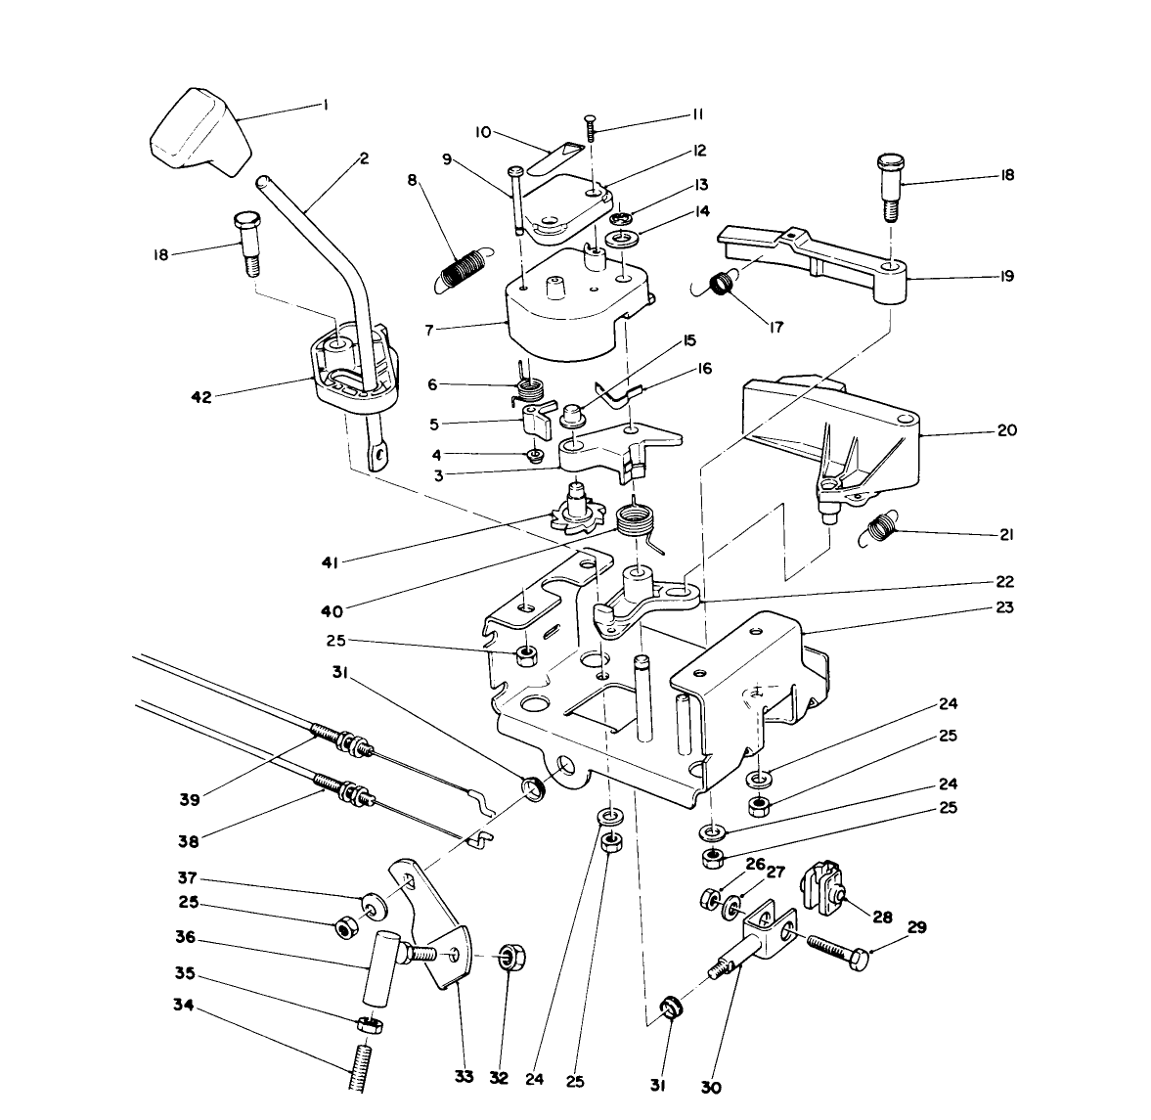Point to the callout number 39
[x=190, y=799]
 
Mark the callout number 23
[x=1004, y=607]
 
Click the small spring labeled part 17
[x=724, y=284]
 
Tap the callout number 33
[x=464, y=1077]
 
